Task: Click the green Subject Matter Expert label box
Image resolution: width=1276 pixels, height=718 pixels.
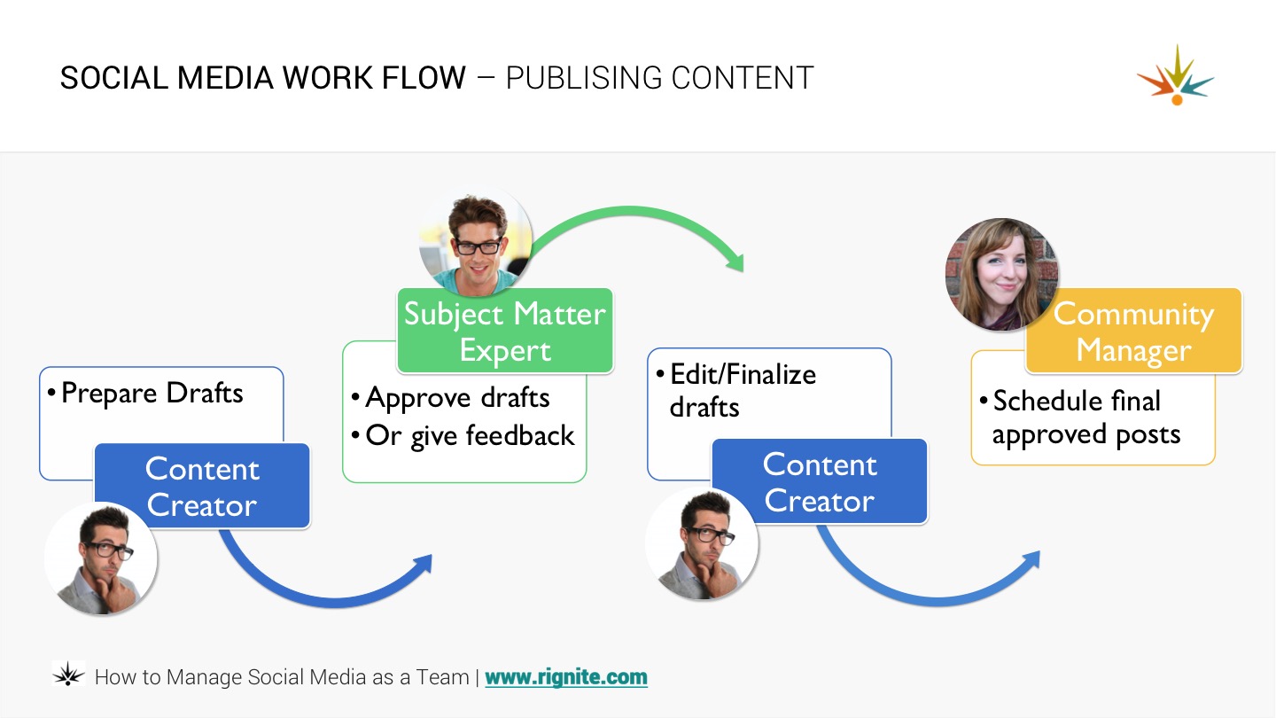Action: pyautogui.click(x=505, y=331)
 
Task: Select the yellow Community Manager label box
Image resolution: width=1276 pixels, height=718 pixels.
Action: pyautogui.click(x=1133, y=331)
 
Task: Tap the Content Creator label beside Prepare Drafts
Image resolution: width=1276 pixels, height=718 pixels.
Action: pyautogui.click(x=202, y=486)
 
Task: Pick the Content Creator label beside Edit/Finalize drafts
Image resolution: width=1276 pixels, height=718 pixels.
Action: pyautogui.click(x=820, y=481)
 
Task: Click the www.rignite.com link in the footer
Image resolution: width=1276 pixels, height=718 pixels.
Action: pyautogui.click(x=566, y=677)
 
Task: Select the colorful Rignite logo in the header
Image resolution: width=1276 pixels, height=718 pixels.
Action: pyautogui.click(x=1176, y=75)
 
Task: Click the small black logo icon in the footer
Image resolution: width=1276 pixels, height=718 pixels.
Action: pyautogui.click(x=68, y=674)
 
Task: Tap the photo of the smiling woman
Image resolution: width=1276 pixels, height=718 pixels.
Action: pyautogui.click(x=1002, y=275)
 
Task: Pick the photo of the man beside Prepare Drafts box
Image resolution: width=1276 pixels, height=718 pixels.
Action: pyautogui.click(x=101, y=558)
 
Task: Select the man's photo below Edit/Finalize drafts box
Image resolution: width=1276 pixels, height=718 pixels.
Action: pyautogui.click(x=702, y=543)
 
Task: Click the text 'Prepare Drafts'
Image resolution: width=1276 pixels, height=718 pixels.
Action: pyautogui.click(x=152, y=394)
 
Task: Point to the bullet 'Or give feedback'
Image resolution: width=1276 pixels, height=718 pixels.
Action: pyautogui.click(x=470, y=436)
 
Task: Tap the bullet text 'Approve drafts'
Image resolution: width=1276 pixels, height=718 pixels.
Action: pyautogui.click(x=457, y=398)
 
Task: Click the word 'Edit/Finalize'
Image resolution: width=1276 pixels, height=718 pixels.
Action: pyautogui.click(x=743, y=374)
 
